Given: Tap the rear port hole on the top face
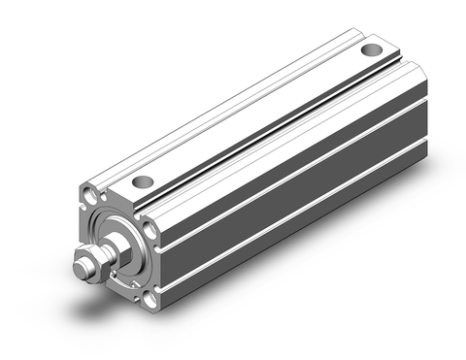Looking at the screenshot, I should [x=370, y=49].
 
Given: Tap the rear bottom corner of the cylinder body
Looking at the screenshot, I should [x=427, y=155].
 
